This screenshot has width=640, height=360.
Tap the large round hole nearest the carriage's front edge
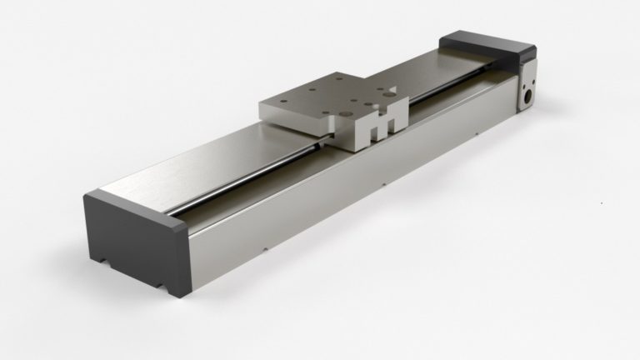tap(342, 109)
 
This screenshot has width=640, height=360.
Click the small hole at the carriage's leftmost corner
tap(274, 102)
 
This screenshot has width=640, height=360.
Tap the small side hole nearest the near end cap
tap(263, 247)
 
